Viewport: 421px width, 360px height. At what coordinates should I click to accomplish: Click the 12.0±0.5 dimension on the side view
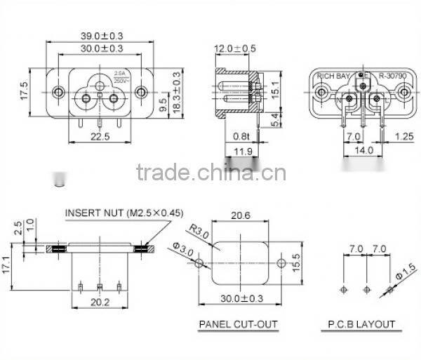[235, 48]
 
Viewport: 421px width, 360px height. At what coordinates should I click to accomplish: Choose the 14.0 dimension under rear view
[363, 151]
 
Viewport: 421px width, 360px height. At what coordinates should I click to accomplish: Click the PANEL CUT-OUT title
[239, 324]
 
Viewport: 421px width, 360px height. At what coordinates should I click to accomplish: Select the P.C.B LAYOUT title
[363, 324]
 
